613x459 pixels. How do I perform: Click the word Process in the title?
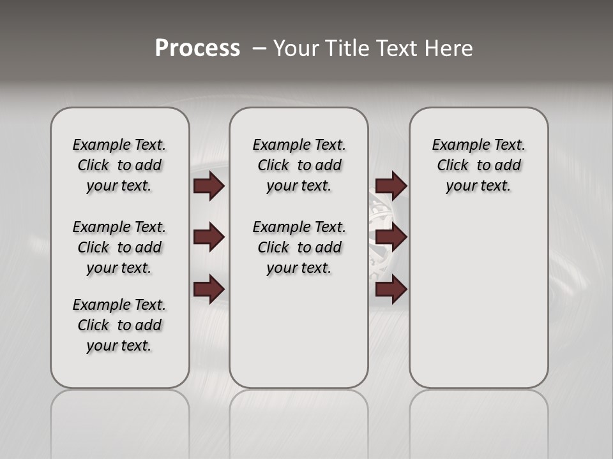click(x=197, y=48)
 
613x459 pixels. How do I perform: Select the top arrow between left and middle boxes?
click(x=209, y=186)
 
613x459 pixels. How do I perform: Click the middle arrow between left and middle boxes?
click(x=209, y=237)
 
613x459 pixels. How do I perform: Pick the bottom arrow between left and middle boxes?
click(x=209, y=288)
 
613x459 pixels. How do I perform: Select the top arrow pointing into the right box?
click(x=391, y=186)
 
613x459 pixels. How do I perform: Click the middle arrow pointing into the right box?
click(x=391, y=237)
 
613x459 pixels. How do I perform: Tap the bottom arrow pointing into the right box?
click(x=391, y=290)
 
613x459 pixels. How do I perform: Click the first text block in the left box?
click(x=119, y=165)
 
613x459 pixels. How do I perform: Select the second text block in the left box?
click(x=119, y=247)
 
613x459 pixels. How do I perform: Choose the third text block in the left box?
click(x=119, y=325)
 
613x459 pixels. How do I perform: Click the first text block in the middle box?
click(x=299, y=165)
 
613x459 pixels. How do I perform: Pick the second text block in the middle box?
click(x=299, y=247)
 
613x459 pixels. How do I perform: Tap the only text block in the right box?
click(x=478, y=165)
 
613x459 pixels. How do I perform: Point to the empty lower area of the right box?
click(x=478, y=306)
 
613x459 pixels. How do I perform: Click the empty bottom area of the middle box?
click(x=299, y=338)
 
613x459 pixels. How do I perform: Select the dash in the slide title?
click(x=259, y=48)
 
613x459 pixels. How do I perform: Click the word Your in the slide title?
click(x=294, y=48)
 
